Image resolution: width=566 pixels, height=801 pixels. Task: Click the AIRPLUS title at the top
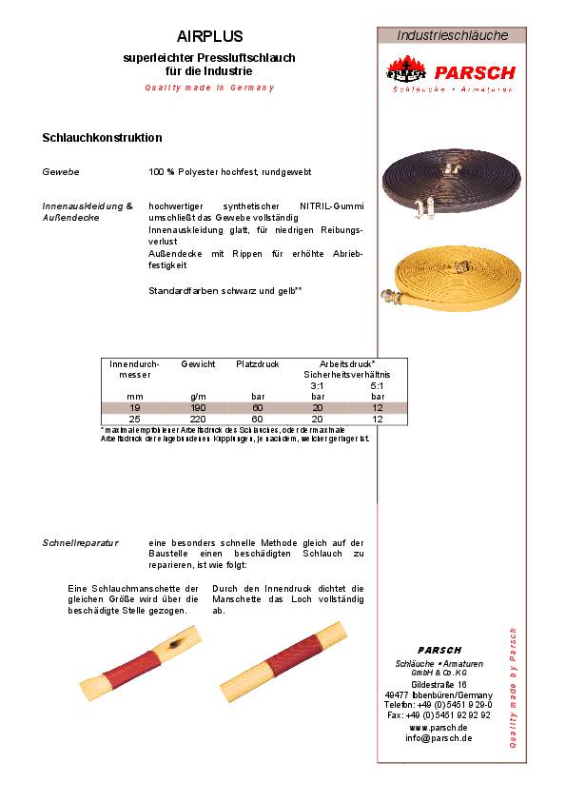coord(210,36)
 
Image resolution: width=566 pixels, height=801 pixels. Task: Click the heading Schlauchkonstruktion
coord(103,138)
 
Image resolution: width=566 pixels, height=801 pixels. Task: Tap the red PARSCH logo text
coord(475,72)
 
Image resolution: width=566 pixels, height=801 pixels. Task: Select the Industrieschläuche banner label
coord(453,35)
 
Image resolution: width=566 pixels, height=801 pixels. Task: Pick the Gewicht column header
coord(198,364)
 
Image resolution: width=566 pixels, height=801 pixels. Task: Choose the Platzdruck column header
coord(256,364)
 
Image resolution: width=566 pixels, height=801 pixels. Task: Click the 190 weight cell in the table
coord(198,407)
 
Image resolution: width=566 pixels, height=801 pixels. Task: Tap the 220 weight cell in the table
coord(198,419)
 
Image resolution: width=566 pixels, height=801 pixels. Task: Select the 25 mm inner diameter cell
coord(134,419)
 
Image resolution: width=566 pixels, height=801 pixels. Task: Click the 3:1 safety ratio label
coord(317,385)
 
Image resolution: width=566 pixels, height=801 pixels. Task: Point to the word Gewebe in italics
coord(61,172)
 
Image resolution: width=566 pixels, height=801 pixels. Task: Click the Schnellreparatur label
coord(81,542)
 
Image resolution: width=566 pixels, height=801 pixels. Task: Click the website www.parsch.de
coord(439,727)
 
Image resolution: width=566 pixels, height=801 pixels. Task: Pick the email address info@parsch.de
coord(439,738)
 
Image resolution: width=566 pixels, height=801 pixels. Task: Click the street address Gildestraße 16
coord(439,684)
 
